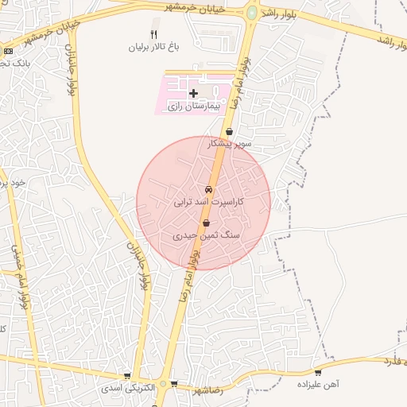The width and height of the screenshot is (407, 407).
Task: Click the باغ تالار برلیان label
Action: (155, 47)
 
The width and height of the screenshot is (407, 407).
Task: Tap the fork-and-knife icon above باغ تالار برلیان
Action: (154, 34)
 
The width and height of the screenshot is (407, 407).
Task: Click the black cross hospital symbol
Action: (193, 94)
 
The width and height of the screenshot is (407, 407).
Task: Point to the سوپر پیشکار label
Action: (230, 144)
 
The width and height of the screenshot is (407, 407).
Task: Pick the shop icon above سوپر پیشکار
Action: (230, 132)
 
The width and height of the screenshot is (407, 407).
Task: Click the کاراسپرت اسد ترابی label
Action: (209, 203)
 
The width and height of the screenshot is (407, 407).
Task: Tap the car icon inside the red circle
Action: (208, 190)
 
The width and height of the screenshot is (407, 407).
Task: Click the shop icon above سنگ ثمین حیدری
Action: (207, 223)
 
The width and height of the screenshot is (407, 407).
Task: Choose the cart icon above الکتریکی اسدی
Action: (127, 377)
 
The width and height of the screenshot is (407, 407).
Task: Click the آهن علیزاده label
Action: (318, 383)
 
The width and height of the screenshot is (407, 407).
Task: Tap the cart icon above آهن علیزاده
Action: (319, 371)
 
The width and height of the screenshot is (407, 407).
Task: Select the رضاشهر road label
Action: (208, 391)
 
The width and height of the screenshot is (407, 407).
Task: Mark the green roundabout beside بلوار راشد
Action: (252, 14)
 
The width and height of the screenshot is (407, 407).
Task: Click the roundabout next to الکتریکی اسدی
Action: (164, 385)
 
